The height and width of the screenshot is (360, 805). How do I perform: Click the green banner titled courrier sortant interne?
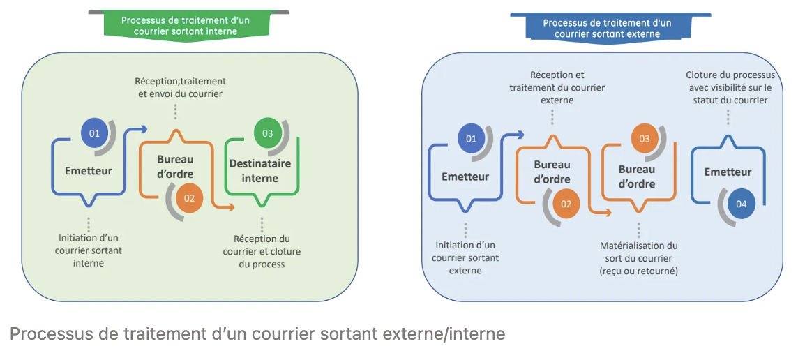188,25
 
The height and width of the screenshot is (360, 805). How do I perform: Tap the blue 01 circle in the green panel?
94,133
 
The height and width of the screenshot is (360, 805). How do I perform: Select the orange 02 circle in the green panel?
189,198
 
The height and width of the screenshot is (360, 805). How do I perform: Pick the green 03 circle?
267,133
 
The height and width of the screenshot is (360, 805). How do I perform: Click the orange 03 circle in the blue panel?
644,139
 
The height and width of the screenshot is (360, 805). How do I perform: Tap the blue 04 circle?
740,204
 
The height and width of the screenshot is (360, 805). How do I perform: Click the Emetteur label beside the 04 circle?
728,172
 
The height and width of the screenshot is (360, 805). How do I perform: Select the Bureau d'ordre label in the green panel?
175,166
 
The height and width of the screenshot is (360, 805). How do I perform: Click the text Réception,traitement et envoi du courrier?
181,87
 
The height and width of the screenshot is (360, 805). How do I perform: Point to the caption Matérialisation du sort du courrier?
638,258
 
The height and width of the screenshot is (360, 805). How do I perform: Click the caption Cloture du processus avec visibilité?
730,87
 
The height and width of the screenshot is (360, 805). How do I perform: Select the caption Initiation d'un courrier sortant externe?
465,257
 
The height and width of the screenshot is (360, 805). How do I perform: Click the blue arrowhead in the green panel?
144,128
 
